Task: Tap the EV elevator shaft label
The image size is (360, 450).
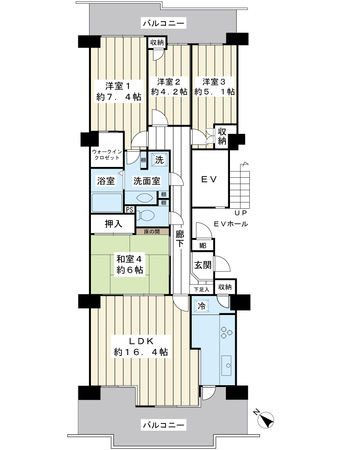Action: click(209, 180)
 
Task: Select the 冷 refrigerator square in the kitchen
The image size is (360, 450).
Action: click(202, 306)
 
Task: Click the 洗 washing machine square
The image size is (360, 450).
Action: click(159, 159)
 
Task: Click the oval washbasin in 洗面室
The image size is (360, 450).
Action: click(145, 198)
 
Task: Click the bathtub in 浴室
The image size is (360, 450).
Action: click(107, 202)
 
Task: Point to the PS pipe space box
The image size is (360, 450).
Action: click(130, 210)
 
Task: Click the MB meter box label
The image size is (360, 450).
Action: click(202, 246)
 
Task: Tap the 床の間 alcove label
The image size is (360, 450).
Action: click(152, 231)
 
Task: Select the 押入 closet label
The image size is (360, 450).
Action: click(113, 224)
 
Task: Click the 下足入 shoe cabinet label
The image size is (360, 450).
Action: click(201, 289)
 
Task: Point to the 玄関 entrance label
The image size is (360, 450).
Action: click(203, 265)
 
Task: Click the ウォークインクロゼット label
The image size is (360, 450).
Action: click(107, 155)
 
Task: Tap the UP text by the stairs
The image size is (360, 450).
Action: click(241, 213)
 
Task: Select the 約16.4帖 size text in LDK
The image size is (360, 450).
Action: click(141, 352)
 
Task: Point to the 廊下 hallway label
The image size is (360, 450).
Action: click(180, 239)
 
